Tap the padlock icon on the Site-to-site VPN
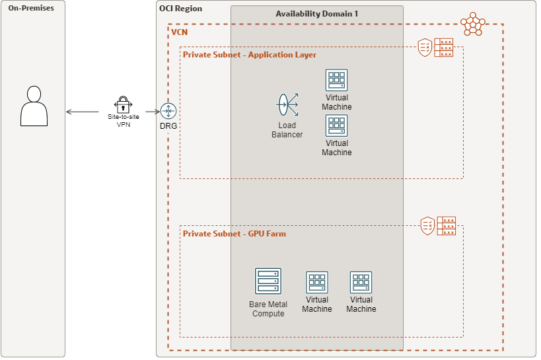click(123, 104)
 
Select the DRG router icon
click(168, 112)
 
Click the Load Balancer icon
click(287, 105)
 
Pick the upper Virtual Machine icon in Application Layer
click(336, 81)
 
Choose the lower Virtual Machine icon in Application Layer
click(336, 126)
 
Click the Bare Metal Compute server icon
click(268, 281)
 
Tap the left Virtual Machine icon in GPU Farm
click(317, 283)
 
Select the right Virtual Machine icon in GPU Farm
click(361, 283)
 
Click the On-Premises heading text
click(31, 8)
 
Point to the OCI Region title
click(181, 9)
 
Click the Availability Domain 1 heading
click(316, 14)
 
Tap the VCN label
click(180, 32)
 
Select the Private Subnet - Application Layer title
click(249, 55)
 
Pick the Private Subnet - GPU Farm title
click(234, 234)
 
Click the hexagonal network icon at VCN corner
click(473, 24)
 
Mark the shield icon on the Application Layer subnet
click(425, 47)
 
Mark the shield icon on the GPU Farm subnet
click(428, 226)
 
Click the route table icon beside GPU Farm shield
click(448, 226)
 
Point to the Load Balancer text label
click(287, 130)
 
